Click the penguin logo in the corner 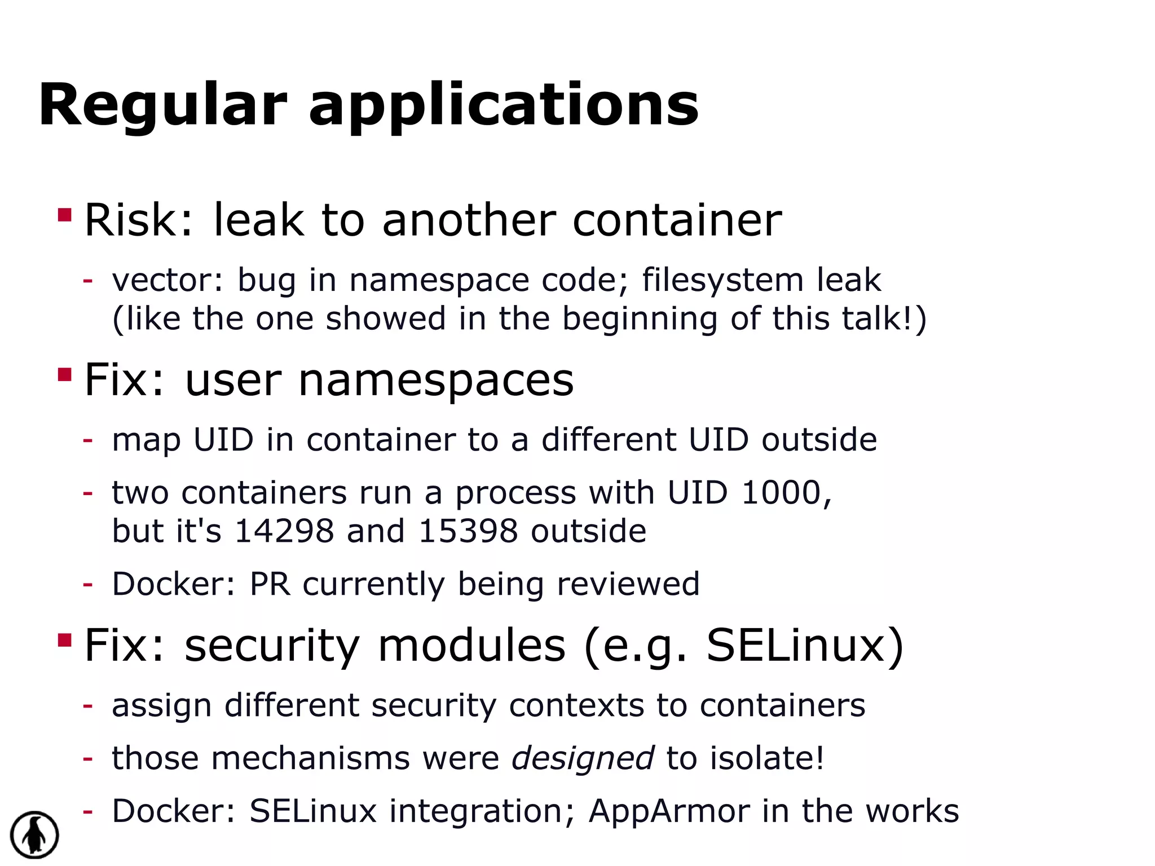(x=34, y=835)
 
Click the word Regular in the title (x=163, y=105)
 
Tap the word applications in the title (x=504, y=105)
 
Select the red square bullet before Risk (x=65, y=215)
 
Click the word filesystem (x=722, y=280)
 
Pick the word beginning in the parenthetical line (x=640, y=319)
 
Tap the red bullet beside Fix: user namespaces (x=65, y=375)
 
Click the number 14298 (x=284, y=531)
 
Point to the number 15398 (x=468, y=531)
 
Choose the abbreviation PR (x=270, y=584)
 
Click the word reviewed (x=628, y=584)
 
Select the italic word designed (x=583, y=758)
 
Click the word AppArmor (x=669, y=811)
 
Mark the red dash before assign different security (x=87, y=706)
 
